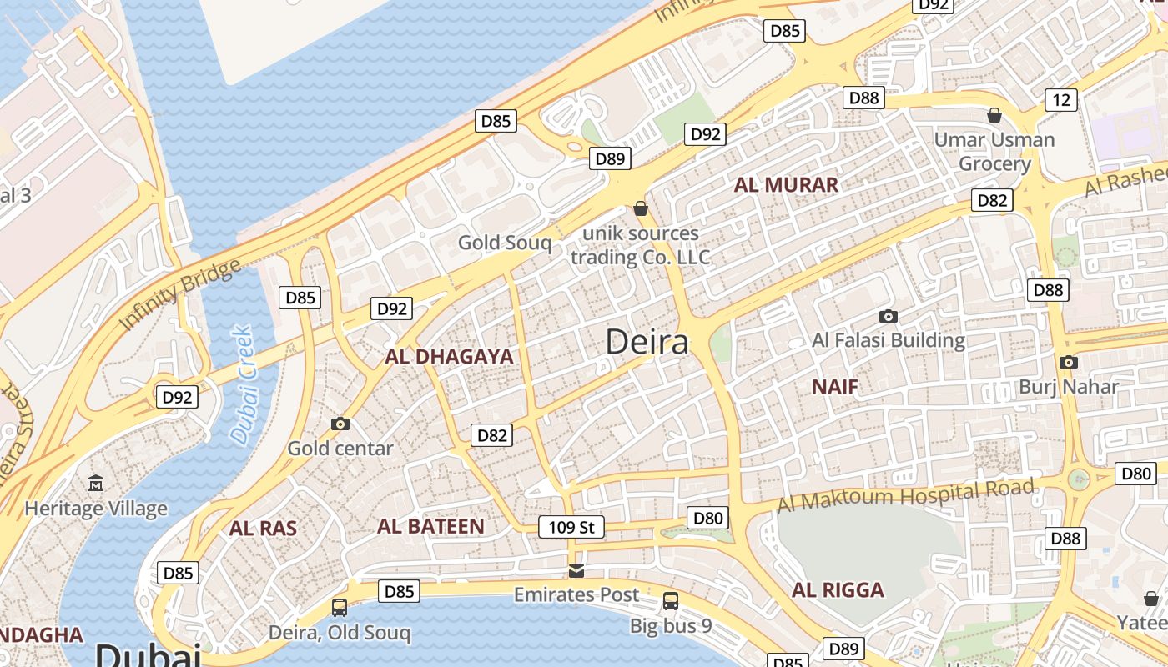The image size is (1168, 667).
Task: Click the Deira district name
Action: pyautogui.click(x=647, y=342)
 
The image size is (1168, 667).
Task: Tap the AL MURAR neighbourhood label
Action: pyautogui.click(x=786, y=184)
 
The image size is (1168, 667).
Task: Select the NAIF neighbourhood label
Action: pyautogui.click(x=835, y=386)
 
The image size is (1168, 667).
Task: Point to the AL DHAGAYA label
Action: pyautogui.click(x=449, y=357)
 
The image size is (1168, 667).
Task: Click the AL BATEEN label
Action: pyautogui.click(x=430, y=526)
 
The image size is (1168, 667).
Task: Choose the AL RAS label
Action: pyautogui.click(x=263, y=528)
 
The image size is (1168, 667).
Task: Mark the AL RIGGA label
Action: pyautogui.click(x=838, y=590)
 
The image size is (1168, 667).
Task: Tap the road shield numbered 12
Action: pyautogui.click(x=1061, y=100)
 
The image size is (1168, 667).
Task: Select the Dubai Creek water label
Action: pyautogui.click(x=242, y=384)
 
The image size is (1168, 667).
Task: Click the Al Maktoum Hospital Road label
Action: pyautogui.click(x=906, y=495)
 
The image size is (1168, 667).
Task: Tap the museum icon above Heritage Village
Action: pyautogui.click(x=96, y=483)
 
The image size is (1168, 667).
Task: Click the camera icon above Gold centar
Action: pyautogui.click(x=340, y=424)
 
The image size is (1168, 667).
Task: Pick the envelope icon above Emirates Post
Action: pyautogui.click(x=576, y=571)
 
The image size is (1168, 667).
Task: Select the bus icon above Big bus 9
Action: pyautogui.click(x=671, y=600)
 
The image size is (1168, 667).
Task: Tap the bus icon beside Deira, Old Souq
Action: pyautogui.click(x=340, y=607)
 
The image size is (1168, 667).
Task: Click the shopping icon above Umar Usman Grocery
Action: pyautogui.click(x=994, y=115)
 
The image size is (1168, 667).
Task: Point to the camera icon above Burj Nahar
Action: pyautogui.click(x=1068, y=362)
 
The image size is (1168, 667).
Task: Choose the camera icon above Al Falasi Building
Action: pyautogui.click(x=889, y=316)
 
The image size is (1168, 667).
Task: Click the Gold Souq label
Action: pyautogui.click(x=505, y=243)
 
